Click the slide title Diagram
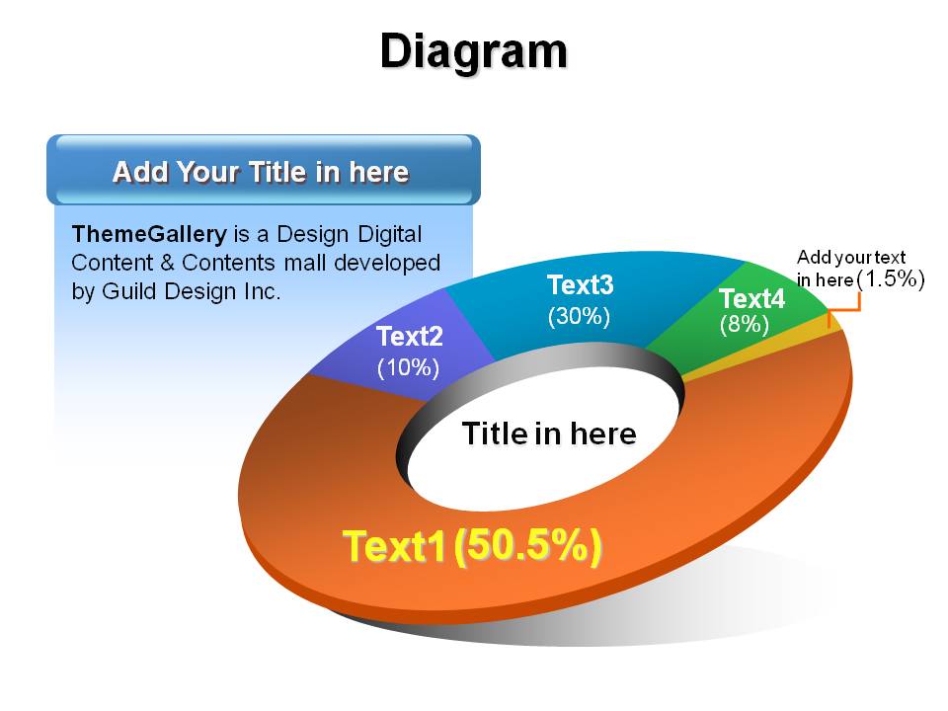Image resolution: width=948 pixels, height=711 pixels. [x=474, y=53]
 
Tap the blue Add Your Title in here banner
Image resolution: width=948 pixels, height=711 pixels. [x=264, y=170]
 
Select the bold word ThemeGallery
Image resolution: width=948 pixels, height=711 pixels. [x=149, y=233]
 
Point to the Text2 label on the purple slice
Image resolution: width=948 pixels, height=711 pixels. [x=409, y=336]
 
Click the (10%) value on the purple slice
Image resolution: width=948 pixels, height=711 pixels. [x=408, y=367]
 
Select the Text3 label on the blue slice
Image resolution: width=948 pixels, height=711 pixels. [x=580, y=284]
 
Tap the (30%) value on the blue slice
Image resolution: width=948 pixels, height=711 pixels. [x=579, y=316]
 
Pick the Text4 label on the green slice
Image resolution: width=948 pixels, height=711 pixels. [x=751, y=298]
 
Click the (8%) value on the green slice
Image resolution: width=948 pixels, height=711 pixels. [x=745, y=325]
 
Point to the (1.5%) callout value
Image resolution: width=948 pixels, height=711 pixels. [x=891, y=278]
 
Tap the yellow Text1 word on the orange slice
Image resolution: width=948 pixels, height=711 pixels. [x=394, y=546]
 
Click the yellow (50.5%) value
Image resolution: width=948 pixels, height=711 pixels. [x=527, y=546]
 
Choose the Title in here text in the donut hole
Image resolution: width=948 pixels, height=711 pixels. [x=549, y=434]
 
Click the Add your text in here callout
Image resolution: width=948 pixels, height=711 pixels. [x=850, y=268]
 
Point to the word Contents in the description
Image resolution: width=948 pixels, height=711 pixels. [x=228, y=263]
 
